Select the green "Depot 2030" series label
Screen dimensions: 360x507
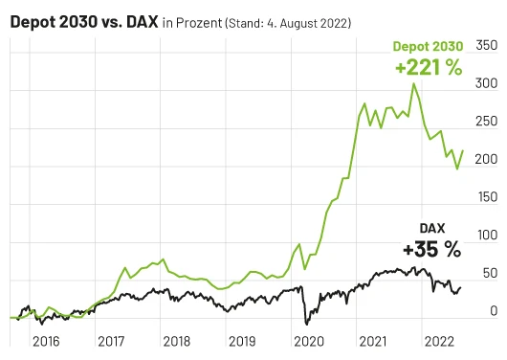click(x=426, y=46)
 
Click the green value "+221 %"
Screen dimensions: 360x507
click(x=427, y=68)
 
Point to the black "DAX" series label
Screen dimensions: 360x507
click(x=433, y=228)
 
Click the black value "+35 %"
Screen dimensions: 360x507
click(x=431, y=250)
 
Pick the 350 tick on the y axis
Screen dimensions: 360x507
click(x=486, y=45)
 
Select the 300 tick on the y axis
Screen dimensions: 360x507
click(x=486, y=83)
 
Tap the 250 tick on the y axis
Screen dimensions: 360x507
click(x=486, y=121)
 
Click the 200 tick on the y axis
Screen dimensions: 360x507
click(x=486, y=159)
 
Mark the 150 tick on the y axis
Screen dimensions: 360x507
click(x=486, y=196)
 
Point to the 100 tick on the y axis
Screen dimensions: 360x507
click(x=486, y=235)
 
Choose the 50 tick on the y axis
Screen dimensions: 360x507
click(x=489, y=273)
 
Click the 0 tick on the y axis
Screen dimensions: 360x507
click(x=493, y=310)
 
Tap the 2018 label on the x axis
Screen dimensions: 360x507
click(x=175, y=340)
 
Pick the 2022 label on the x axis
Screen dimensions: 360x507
click(x=437, y=340)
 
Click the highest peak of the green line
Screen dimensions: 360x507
click(x=413, y=84)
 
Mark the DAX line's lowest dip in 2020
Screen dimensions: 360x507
click(x=304, y=323)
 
